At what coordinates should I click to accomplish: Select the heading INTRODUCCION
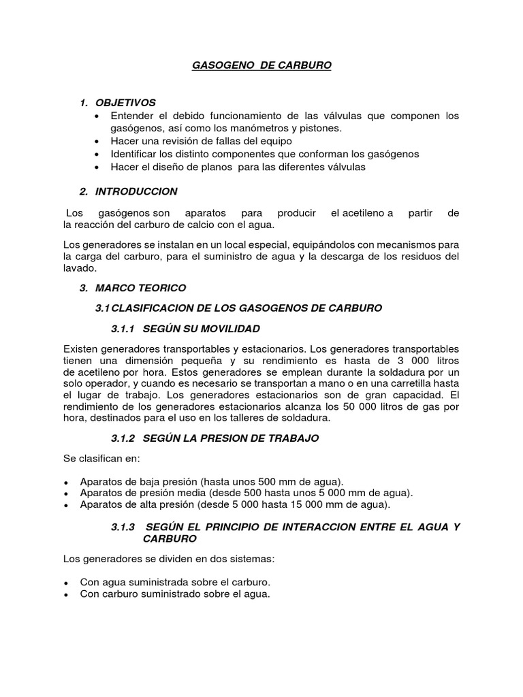pyautogui.click(x=136, y=191)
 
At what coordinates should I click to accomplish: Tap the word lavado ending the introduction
pyautogui.click(x=78, y=269)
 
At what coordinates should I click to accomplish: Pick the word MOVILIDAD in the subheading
pyautogui.click(x=229, y=329)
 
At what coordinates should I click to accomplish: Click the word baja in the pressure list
pyautogui.click(x=144, y=480)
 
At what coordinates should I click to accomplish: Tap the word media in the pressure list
pyautogui.click(x=176, y=492)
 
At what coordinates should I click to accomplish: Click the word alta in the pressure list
pyautogui.click(x=144, y=504)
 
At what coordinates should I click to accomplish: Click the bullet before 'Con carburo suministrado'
pyautogui.click(x=66, y=595)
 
